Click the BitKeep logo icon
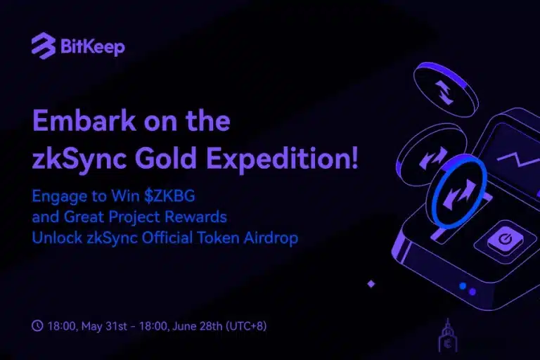(x=44, y=47)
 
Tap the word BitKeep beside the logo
(x=91, y=48)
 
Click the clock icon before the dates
(x=37, y=326)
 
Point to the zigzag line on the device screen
(x=517, y=156)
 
